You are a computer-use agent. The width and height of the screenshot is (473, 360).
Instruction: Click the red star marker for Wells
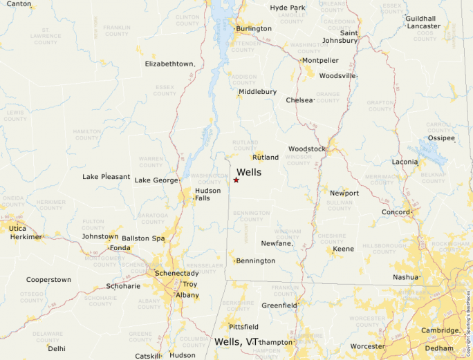(x=236, y=180)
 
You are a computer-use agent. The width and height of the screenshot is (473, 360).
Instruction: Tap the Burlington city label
(x=253, y=29)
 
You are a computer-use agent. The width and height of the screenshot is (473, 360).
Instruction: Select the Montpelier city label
(x=320, y=61)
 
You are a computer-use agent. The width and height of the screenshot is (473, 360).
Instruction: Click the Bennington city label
(x=255, y=261)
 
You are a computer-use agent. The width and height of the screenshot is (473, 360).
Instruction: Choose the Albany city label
(x=187, y=295)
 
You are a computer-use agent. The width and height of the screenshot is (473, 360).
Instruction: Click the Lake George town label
(x=156, y=180)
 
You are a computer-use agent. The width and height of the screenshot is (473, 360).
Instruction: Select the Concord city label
(x=396, y=211)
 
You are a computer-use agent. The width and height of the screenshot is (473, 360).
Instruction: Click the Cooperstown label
(x=48, y=280)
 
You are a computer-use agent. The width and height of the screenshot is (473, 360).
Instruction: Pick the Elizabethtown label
(x=170, y=64)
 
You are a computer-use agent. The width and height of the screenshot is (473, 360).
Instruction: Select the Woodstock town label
(x=306, y=149)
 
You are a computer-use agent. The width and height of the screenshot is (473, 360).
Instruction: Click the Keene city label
(x=343, y=249)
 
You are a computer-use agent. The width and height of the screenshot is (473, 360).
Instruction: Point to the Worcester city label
(x=368, y=345)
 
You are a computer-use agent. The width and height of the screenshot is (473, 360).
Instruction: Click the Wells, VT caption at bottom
(x=236, y=342)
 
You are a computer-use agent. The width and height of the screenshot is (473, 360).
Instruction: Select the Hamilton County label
(x=87, y=134)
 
